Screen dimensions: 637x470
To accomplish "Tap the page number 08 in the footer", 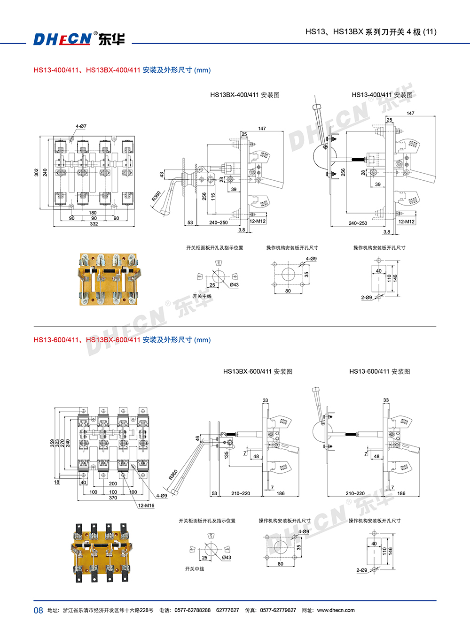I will coord(38,610).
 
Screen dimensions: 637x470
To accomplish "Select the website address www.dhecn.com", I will coord(336,610).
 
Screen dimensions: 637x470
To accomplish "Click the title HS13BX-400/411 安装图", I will coord(245,95).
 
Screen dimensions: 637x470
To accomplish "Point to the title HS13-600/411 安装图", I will coord(379,371).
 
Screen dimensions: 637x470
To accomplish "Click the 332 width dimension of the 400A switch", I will coord(94,224).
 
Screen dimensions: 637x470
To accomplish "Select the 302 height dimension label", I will coord(37,172).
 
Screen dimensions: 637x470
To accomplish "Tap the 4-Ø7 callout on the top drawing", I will coord(81,126).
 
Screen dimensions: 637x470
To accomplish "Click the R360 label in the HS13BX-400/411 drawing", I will coord(156,196).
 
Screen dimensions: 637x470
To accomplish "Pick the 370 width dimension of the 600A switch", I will coord(113,498).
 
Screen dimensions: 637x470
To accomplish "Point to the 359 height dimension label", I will coord(52,443).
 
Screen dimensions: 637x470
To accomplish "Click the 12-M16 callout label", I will coord(146,506).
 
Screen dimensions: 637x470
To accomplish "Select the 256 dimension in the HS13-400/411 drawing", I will coord(343,172).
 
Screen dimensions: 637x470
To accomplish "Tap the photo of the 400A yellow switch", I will coord(108,280).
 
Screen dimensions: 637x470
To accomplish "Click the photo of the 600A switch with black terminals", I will coord(101,553).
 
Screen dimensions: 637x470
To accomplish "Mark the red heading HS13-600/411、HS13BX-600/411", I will coord(87,340).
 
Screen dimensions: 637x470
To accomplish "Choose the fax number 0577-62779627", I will coord(278,610).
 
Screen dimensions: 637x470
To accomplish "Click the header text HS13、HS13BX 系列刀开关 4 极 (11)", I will coord(371,32).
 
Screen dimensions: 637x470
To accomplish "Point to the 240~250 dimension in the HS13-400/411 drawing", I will coord(358,223).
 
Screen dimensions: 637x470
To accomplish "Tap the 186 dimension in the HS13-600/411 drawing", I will coord(401,493).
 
